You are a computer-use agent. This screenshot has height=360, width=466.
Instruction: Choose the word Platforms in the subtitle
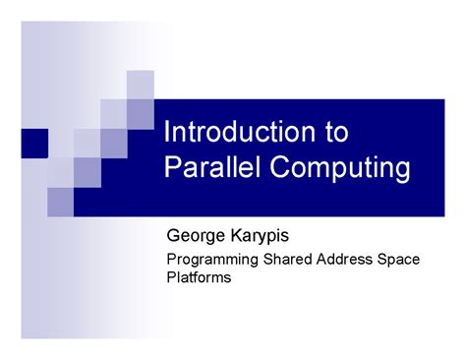(x=198, y=278)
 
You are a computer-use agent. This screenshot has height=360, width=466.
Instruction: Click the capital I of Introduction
(x=166, y=133)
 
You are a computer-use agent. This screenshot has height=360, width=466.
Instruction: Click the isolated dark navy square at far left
(x=34, y=144)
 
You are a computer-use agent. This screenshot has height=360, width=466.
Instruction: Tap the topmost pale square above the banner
(x=140, y=85)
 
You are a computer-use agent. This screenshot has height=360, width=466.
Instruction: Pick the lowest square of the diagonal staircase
(x=61, y=201)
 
